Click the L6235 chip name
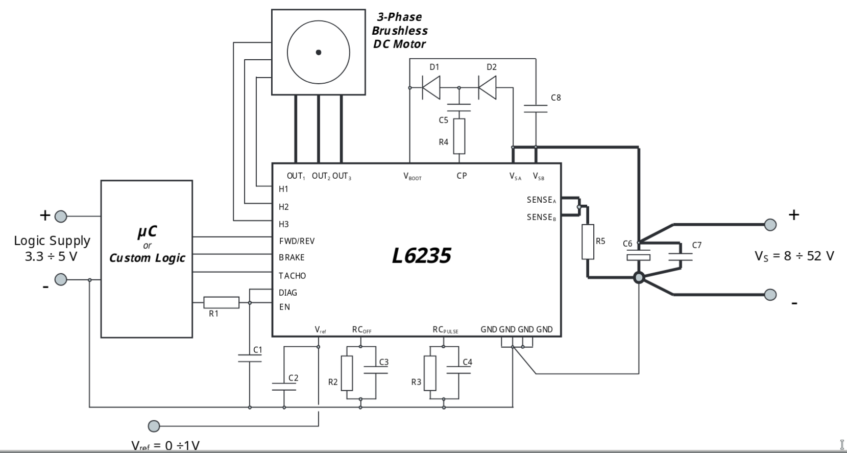pos(421,256)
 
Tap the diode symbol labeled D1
pos(431,88)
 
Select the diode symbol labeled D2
pos(488,88)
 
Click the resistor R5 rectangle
pos(588,242)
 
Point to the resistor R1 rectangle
pos(221,302)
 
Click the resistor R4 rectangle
pos(459,136)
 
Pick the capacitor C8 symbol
pos(536,109)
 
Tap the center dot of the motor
pos(319,53)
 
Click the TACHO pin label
pos(293,276)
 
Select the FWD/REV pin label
pos(297,241)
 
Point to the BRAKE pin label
pos(292,257)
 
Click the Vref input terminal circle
pos(154,426)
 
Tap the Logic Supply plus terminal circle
pos(61,217)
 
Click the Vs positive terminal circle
pos(770,225)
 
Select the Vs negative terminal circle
pos(770,295)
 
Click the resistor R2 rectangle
pos(347,373)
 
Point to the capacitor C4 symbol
pos(458,370)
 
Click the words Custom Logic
pos(147,258)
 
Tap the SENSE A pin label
pos(542,200)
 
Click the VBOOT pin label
pos(413,176)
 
